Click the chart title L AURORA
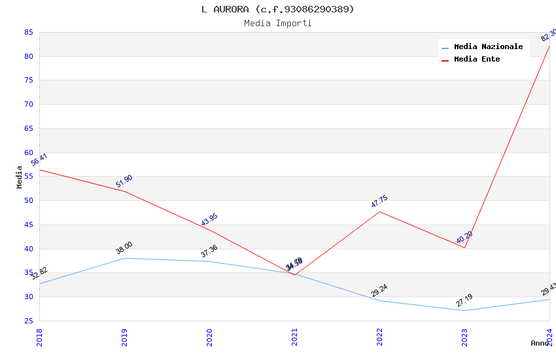click(x=278, y=9)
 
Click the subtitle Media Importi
click(x=278, y=23)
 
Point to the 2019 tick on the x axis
click(x=124, y=336)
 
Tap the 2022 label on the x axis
click(x=379, y=336)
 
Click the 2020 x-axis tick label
click(x=209, y=336)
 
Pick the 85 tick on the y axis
click(x=29, y=32)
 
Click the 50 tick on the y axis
click(x=29, y=201)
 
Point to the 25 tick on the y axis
click(x=29, y=321)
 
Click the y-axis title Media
click(x=20, y=177)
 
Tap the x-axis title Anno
click(x=540, y=343)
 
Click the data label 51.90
click(x=124, y=181)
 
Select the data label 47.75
click(x=379, y=201)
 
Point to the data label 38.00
click(x=124, y=247)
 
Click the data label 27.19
click(x=464, y=300)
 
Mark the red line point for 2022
click(x=379, y=211)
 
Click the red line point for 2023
click(x=464, y=247)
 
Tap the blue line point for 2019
click(x=124, y=258)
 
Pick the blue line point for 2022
click(x=379, y=300)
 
